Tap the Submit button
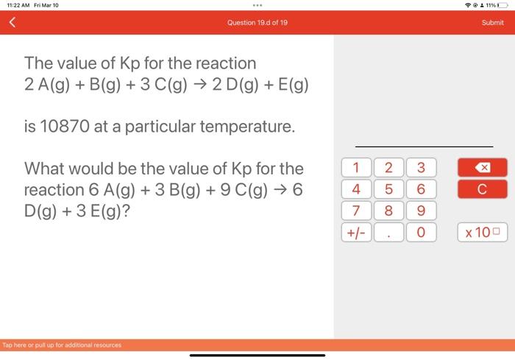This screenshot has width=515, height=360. coord(492,23)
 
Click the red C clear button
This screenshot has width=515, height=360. coord(481,189)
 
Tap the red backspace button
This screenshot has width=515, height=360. coord(481,167)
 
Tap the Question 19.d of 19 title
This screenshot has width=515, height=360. coord(257,23)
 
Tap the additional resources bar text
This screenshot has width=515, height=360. coord(62,345)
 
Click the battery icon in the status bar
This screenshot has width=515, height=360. coord(502,5)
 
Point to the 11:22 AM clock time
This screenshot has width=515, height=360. coord(18,5)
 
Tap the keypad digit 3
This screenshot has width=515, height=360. coord(422,167)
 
